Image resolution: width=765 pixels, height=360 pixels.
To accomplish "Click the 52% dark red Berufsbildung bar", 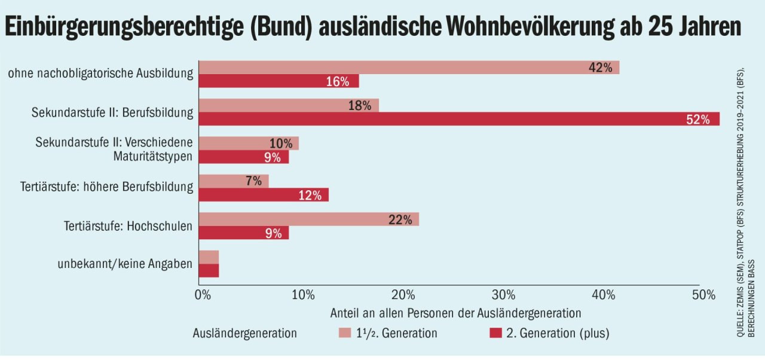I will click(x=458, y=119).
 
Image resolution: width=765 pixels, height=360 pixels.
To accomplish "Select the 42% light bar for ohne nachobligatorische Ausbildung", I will click(x=408, y=67).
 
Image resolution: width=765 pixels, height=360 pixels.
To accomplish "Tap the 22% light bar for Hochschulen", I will click(x=308, y=219).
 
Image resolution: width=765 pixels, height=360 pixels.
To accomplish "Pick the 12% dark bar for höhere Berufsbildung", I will click(x=263, y=195).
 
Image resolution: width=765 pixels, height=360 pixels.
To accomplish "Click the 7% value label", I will click(x=253, y=181).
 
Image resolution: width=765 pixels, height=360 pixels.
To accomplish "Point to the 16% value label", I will click(x=338, y=81).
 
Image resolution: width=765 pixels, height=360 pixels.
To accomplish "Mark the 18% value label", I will click(x=360, y=106).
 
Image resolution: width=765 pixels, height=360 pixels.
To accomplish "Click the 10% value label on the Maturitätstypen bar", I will click(x=281, y=144).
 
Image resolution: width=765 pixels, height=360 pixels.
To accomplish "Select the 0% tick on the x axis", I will click(x=203, y=295).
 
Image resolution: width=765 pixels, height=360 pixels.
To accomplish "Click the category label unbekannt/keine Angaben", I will click(x=126, y=264).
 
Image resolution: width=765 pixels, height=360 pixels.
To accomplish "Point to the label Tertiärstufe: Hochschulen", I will click(x=128, y=226).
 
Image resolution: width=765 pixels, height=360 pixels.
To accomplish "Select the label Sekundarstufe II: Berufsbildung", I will click(x=112, y=112).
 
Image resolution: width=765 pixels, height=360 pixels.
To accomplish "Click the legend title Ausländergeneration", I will click(x=244, y=333).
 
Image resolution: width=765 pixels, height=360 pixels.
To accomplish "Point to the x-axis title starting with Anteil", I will click(x=455, y=313).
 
